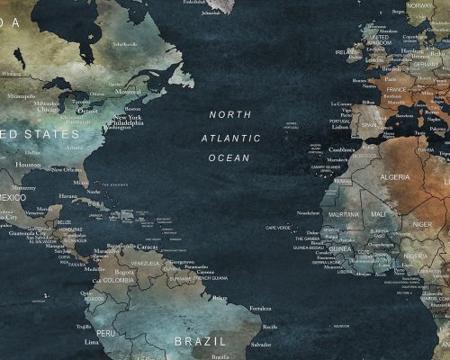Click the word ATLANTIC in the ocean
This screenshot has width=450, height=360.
click(x=230, y=138)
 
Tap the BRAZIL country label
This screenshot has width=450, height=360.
click(x=201, y=342)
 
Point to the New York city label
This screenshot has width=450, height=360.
click(x=127, y=118)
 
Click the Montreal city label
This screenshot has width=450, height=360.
click(x=127, y=91)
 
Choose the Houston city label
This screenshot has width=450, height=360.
click(x=29, y=165)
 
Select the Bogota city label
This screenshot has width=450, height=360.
click(x=125, y=271)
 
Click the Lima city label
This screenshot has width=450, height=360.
click(x=91, y=343)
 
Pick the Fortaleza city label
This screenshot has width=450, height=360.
click(x=260, y=309)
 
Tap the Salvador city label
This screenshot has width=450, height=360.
click(x=261, y=345)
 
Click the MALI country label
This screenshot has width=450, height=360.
click(x=379, y=214)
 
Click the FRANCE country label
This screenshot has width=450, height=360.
click(x=396, y=90)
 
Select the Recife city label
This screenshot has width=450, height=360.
click(x=270, y=326)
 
